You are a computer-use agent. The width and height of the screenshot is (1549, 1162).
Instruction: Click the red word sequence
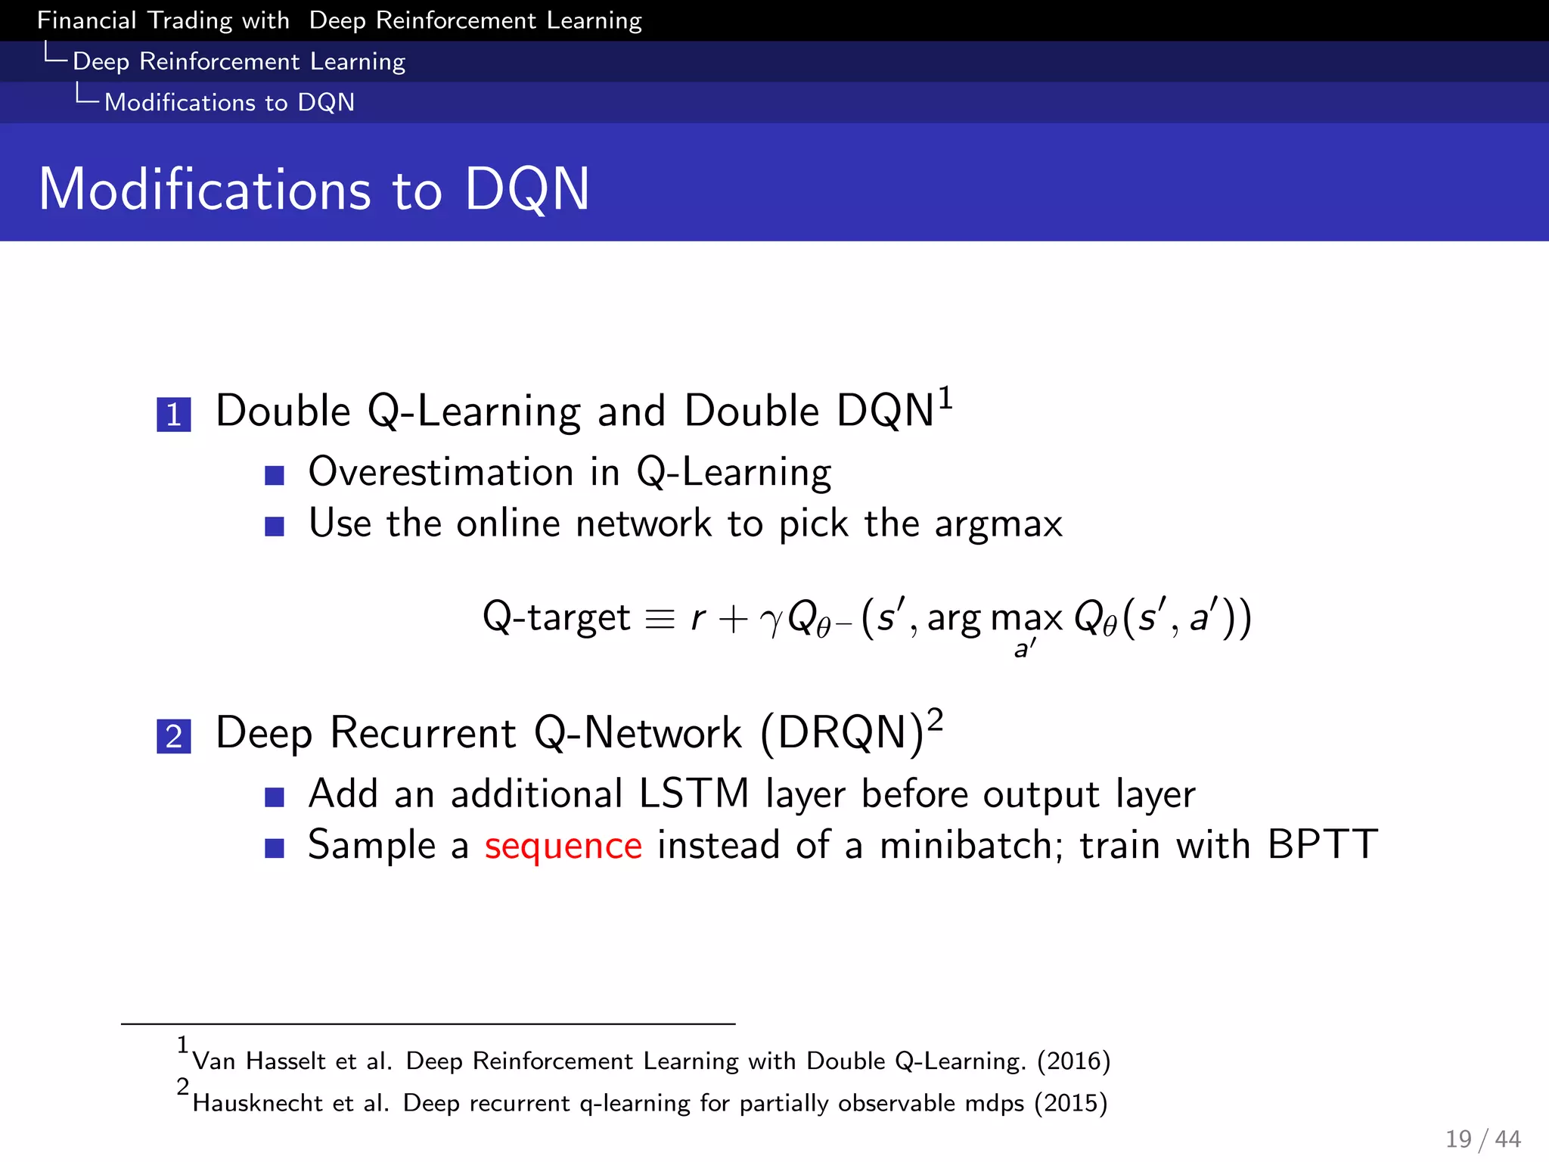coord(563,846)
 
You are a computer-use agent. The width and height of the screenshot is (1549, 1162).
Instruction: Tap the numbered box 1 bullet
coord(173,415)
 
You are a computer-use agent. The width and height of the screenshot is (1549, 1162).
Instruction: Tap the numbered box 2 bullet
coord(173,736)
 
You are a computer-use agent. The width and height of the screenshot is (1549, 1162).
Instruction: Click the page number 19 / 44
coord(1482,1139)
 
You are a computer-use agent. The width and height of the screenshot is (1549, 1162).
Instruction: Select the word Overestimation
coord(441,472)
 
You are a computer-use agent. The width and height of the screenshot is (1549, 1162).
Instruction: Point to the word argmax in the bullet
coord(998,524)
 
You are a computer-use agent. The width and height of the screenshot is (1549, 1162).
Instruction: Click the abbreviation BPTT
coord(1323,844)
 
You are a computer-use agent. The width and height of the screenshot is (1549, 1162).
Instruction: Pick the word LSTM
coord(694,794)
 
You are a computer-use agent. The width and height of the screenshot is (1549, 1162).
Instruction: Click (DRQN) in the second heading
coord(842,733)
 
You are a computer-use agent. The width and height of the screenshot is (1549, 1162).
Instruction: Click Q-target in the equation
coord(556,617)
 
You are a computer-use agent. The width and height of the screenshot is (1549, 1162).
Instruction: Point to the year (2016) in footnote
coord(1073,1061)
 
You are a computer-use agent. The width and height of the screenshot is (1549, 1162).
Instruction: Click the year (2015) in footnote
coord(1070,1103)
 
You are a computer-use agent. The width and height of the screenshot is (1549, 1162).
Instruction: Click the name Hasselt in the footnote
coord(286,1061)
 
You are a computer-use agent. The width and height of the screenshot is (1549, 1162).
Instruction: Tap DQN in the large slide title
coord(526,189)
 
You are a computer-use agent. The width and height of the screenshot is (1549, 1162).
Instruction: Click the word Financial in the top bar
coord(86,20)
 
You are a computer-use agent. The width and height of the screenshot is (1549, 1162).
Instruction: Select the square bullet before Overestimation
coord(275,475)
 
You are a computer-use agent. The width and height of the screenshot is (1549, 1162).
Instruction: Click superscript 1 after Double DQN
coord(945,398)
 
